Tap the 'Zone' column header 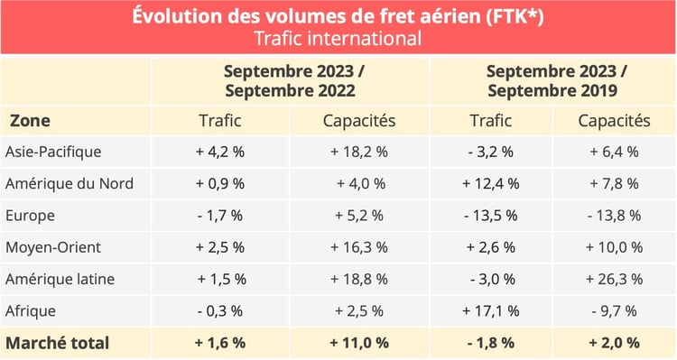[x=30, y=120]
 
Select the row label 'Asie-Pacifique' [x=52, y=152]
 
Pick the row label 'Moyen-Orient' [x=52, y=247]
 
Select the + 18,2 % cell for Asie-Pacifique [x=356, y=152]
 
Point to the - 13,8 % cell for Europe [x=614, y=216]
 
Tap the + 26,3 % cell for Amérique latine [x=614, y=279]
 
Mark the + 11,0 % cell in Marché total [x=356, y=343]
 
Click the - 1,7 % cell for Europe [x=219, y=216]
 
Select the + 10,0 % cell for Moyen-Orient [x=614, y=247]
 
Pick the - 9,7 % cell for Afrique [x=614, y=310]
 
